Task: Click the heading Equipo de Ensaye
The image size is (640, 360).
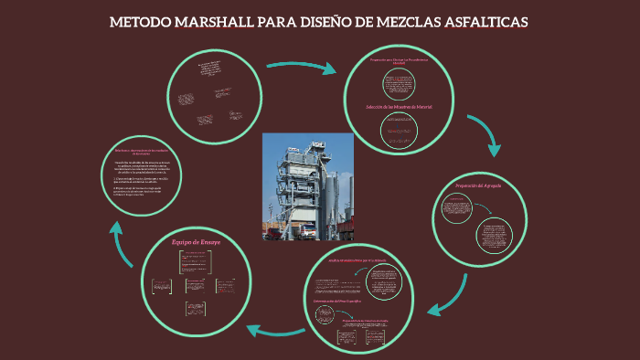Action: [x=196, y=241]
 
